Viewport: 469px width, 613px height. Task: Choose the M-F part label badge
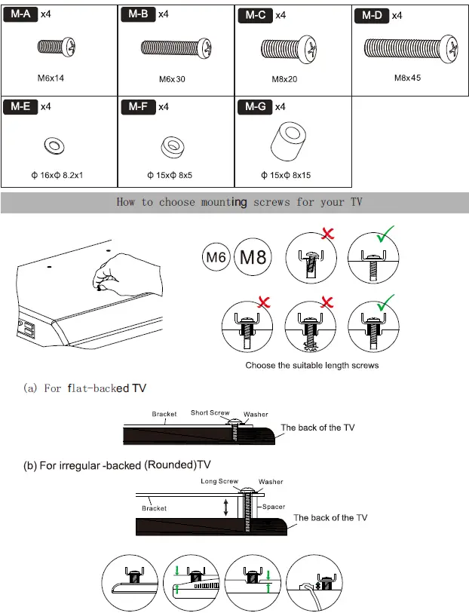[138, 106]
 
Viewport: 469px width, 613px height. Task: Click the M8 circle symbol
[253, 257]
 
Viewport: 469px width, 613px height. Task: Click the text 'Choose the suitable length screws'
[311, 365]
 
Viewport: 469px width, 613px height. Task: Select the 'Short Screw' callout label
[210, 412]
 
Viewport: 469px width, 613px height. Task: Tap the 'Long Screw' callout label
[219, 481]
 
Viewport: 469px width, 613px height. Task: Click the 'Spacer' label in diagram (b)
[274, 507]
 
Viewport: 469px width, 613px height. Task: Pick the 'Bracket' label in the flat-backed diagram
[164, 414]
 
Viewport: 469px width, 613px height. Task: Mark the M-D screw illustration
[411, 48]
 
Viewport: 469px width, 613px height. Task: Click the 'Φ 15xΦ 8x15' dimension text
[287, 175]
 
